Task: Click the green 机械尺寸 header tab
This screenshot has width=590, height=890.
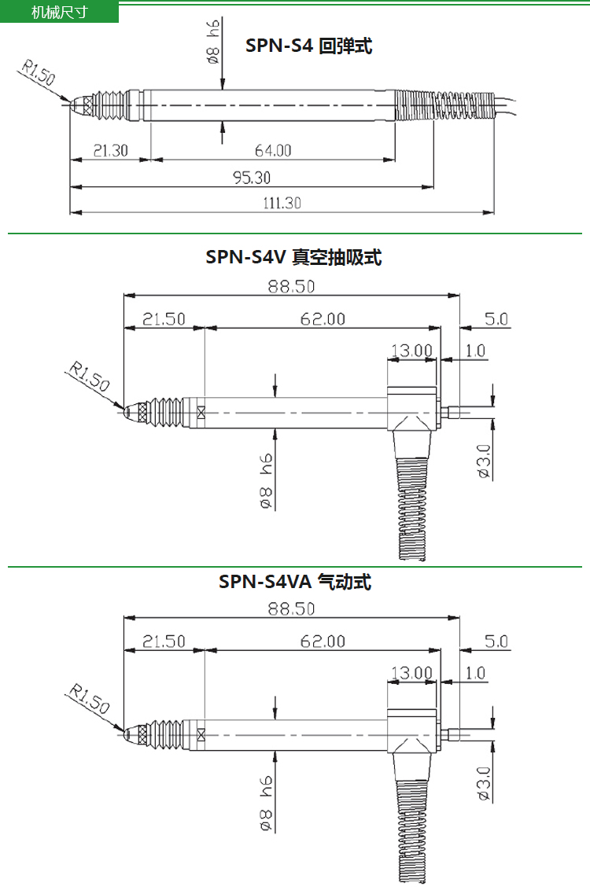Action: coord(59,12)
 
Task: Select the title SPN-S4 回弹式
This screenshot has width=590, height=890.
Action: coord(308,46)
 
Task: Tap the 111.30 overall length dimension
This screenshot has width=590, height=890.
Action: coord(282,203)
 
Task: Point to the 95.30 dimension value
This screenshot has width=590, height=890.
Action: coord(252,178)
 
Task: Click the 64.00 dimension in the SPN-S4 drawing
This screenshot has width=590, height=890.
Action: coord(272,150)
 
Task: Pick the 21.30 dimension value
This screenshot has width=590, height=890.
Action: coord(111,150)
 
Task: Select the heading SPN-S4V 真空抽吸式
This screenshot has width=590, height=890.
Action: coord(293,257)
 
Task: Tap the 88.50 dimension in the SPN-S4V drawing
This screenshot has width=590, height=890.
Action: coord(291,286)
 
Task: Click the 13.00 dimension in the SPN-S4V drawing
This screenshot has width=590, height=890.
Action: coord(411,350)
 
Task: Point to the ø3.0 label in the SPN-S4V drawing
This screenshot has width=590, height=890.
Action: coord(483,461)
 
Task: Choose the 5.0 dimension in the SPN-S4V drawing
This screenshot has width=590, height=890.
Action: coord(496,319)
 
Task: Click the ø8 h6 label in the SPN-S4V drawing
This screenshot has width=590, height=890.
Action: coord(265,480)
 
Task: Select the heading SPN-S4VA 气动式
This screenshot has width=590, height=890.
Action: coord(295,581)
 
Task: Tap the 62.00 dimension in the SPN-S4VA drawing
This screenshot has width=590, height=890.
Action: coord(323,642)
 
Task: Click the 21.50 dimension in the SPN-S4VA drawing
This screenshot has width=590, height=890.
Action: coord(164,642)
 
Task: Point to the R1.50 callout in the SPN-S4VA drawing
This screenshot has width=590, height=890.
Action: coord(89,699)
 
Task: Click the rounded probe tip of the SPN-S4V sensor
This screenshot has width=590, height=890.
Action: coord(131,412)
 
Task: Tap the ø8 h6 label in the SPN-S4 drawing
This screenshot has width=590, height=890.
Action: coord(213,42)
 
